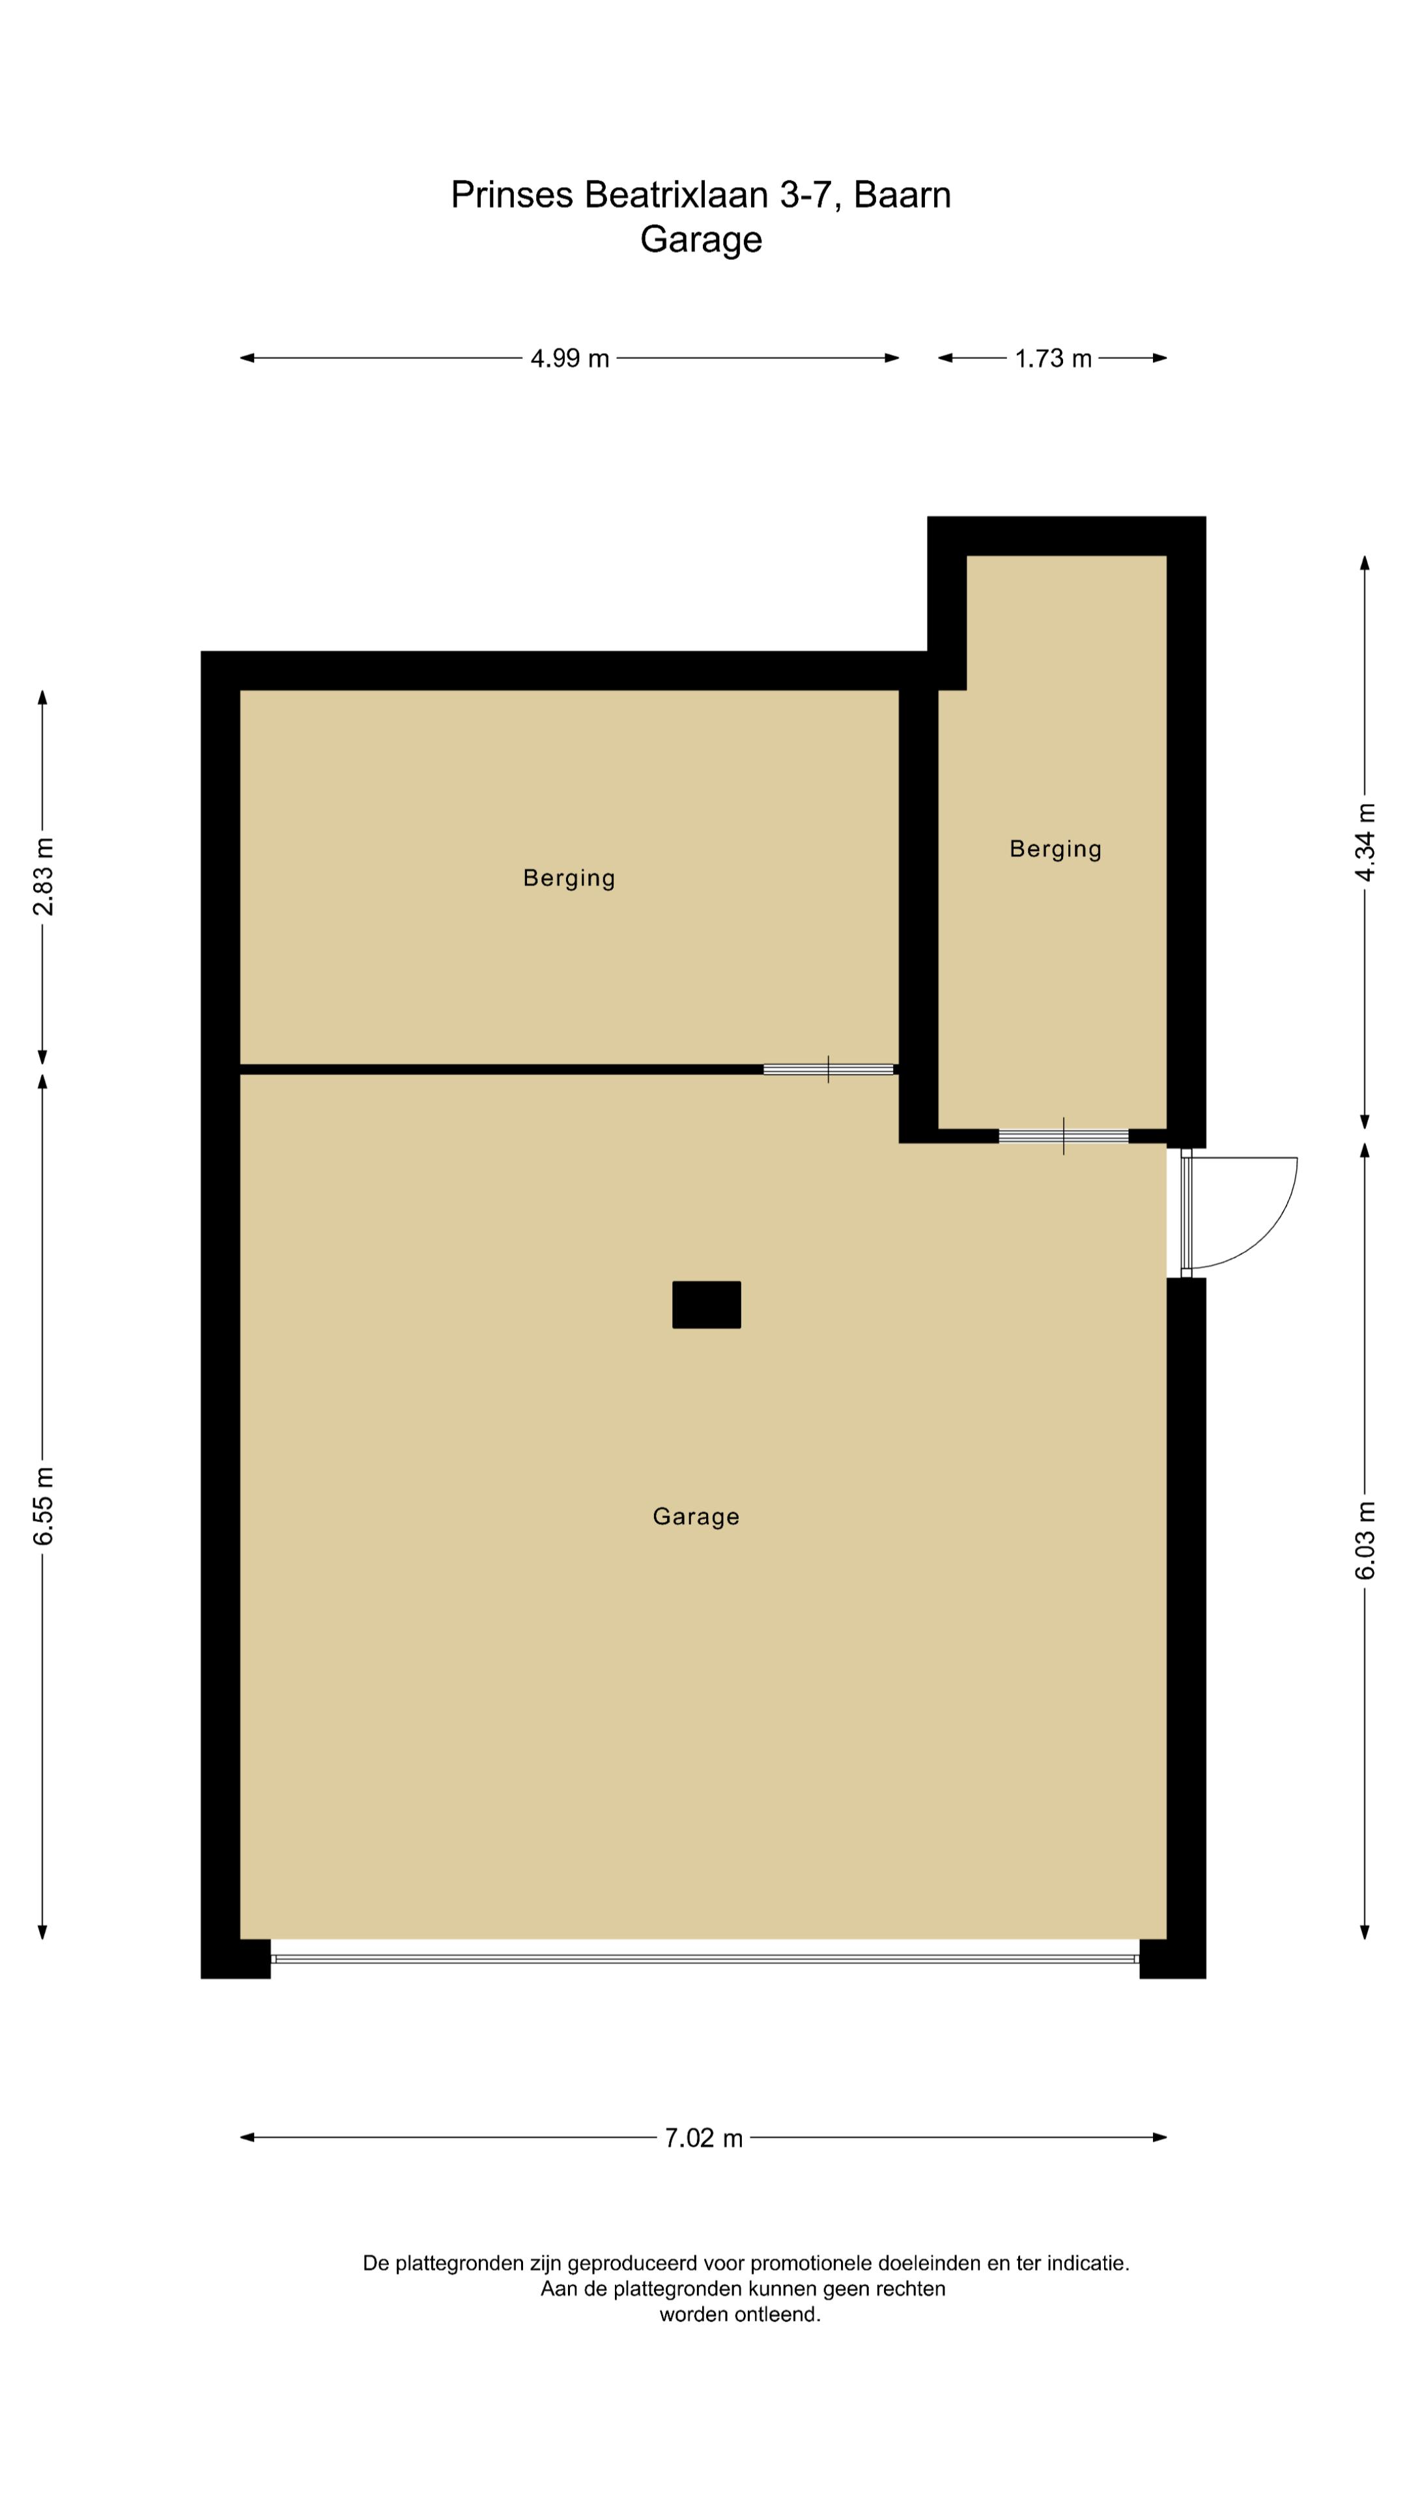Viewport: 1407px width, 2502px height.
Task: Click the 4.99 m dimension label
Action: click(569, 358)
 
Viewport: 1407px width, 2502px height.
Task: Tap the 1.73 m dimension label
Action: click(1053, 358)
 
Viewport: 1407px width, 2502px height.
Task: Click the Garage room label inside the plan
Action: click(695, 1516)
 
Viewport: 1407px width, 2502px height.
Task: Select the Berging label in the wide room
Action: click(569, 878)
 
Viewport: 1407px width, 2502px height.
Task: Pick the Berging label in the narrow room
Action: click(1055, 849)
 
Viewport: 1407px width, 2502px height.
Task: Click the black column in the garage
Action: click(706, 1303)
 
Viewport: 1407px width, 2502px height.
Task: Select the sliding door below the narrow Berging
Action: click(1063, 1136)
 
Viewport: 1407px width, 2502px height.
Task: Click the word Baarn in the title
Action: click(902, 195)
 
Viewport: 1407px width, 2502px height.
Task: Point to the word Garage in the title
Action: click(700, 239)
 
